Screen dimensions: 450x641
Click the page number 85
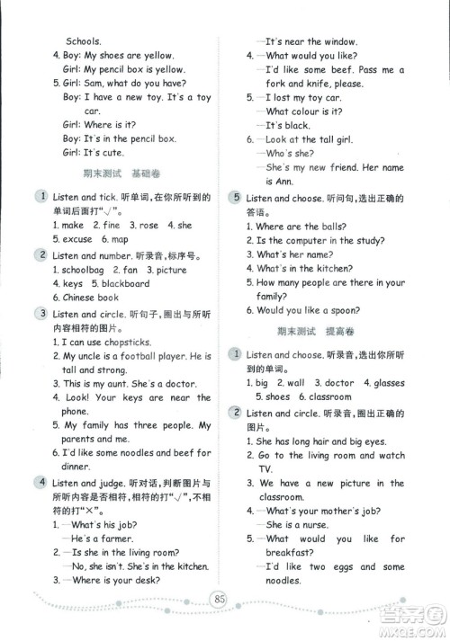225,596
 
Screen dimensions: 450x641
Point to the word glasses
389,383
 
